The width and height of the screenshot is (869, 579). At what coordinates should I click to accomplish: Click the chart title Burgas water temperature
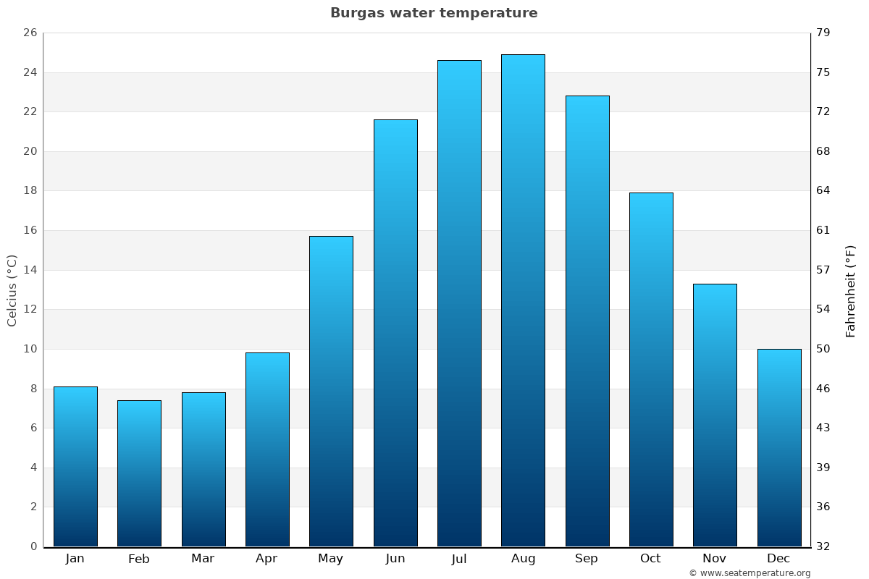tap(434, 13)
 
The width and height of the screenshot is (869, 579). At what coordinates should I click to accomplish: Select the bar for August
tap(523, 300)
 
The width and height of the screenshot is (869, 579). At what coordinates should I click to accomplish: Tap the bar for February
tap(139, 473)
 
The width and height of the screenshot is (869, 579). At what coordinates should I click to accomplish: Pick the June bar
tap(395, 333)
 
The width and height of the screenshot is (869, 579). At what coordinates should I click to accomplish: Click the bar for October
tap(651, 369)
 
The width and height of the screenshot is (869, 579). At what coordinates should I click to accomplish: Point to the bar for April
tap(267, 449)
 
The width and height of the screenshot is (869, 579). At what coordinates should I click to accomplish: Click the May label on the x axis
tap(331, 559)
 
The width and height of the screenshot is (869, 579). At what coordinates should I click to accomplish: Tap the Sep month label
tap(587, 559)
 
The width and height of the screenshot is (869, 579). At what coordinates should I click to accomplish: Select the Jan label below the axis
tap(75, 559)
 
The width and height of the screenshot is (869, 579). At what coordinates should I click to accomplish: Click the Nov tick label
tap(715, 559)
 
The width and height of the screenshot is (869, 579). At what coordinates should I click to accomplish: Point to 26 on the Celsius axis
tap(30, 33)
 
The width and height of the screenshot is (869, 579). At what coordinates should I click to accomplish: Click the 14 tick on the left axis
tap(30, 270)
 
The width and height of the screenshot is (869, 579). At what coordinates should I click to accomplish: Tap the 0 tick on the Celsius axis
tap(33, 546)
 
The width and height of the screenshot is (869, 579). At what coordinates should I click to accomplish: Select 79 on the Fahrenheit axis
tap(823, 33)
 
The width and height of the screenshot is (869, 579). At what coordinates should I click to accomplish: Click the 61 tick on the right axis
tap(823, 231)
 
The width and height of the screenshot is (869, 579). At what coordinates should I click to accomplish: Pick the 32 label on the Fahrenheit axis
tap(823, 546)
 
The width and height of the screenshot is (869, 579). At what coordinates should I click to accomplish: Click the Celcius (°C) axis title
tap(12, 290)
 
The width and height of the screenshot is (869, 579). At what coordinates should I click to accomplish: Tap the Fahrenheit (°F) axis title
tap(851, 291)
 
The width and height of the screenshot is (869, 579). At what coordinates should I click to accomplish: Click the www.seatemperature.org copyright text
tap(750, 573)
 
